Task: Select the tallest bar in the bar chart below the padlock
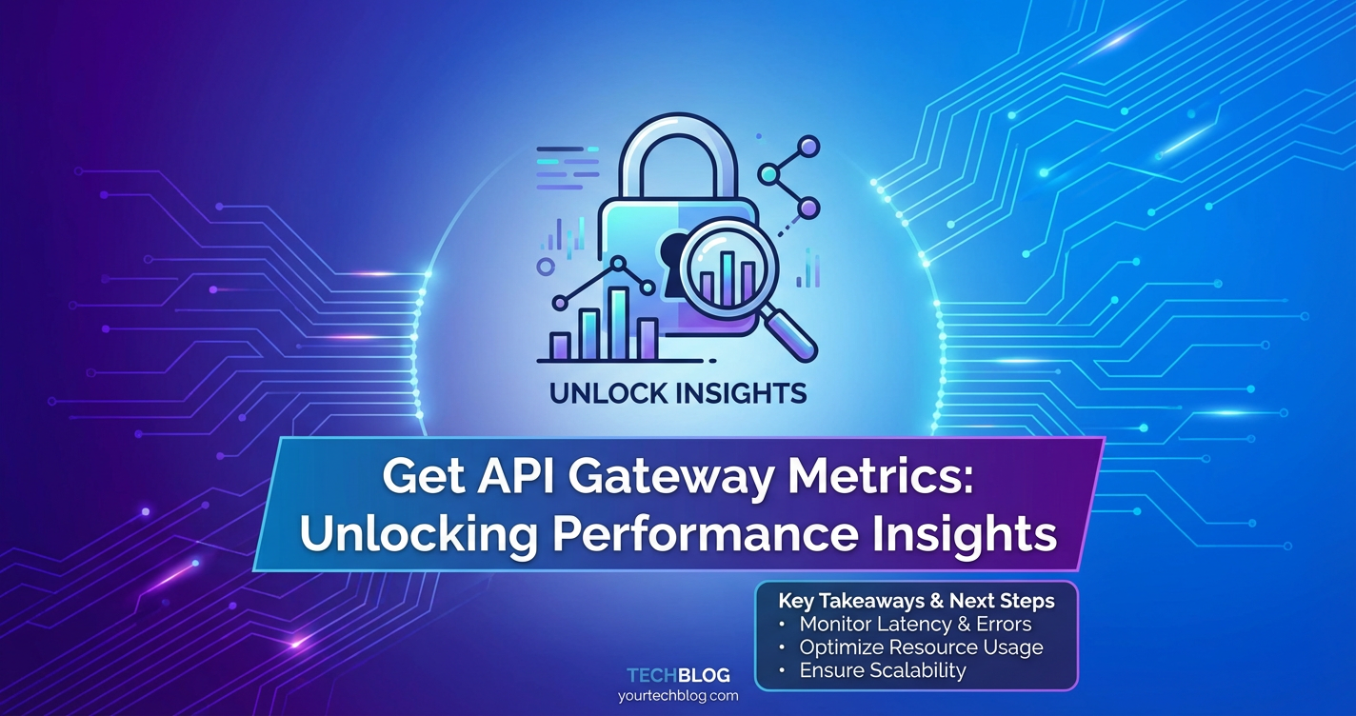pos(618,324)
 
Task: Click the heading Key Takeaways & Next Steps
pos(916,601)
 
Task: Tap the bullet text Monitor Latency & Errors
pos(915,624)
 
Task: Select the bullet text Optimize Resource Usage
pos(921,647)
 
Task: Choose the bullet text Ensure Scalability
pos(882,670)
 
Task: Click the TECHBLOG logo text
pos(678,675)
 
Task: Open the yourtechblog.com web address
pos(678,696)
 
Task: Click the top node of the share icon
pos(808,147)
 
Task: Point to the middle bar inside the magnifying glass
pos(727,277)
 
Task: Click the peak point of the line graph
pos(618,264)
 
